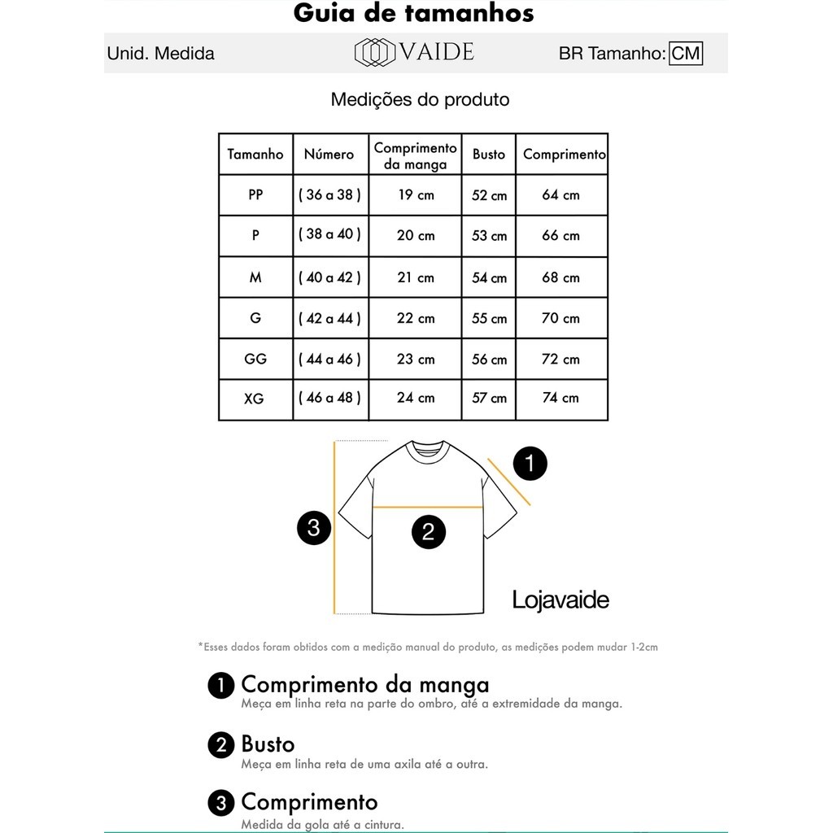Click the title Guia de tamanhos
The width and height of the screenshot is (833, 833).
pyautogui.click(x=413, y=14)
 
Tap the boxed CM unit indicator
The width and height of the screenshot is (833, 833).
pyautogui.click(x=686, y=54)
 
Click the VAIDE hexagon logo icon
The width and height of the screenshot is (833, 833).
pyautogui.click(x=374, y=53)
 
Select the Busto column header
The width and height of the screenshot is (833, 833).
pyautogui.click(x=489, y=154)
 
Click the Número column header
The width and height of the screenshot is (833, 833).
pyautogui.click(x=329, y=154)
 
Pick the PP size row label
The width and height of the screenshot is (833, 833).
pyautogui.click(x=255, y=194)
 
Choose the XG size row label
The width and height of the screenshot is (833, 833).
pyautogui.click(x=255, y=399)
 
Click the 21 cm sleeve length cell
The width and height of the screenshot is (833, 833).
pyautogui.click(x=416, y=277)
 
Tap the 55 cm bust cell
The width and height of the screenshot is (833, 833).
pyautogui.click(x=489, y=318)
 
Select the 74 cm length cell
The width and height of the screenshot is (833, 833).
pyautogui.click(x=560, y=398)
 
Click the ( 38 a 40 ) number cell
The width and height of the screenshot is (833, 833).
pyautogui.click(x=329, y=234)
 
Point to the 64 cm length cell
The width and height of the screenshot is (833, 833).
pyautogui.click(x=560, y=194)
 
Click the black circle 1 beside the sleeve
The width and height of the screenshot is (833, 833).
pyautogui.click(x=530, y=464)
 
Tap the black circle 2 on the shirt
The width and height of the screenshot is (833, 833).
pyautogui.click(x=428, y=533)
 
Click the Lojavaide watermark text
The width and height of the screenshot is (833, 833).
pyautogui.click(x=560, y=600)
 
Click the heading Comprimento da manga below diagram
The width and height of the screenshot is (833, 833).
pyautogui.click(x=365, y=684)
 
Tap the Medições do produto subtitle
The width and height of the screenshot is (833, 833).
pyautogui.click(x=420, y=100)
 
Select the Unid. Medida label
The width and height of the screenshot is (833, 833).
pyautogui.click(x=161, y=54)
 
